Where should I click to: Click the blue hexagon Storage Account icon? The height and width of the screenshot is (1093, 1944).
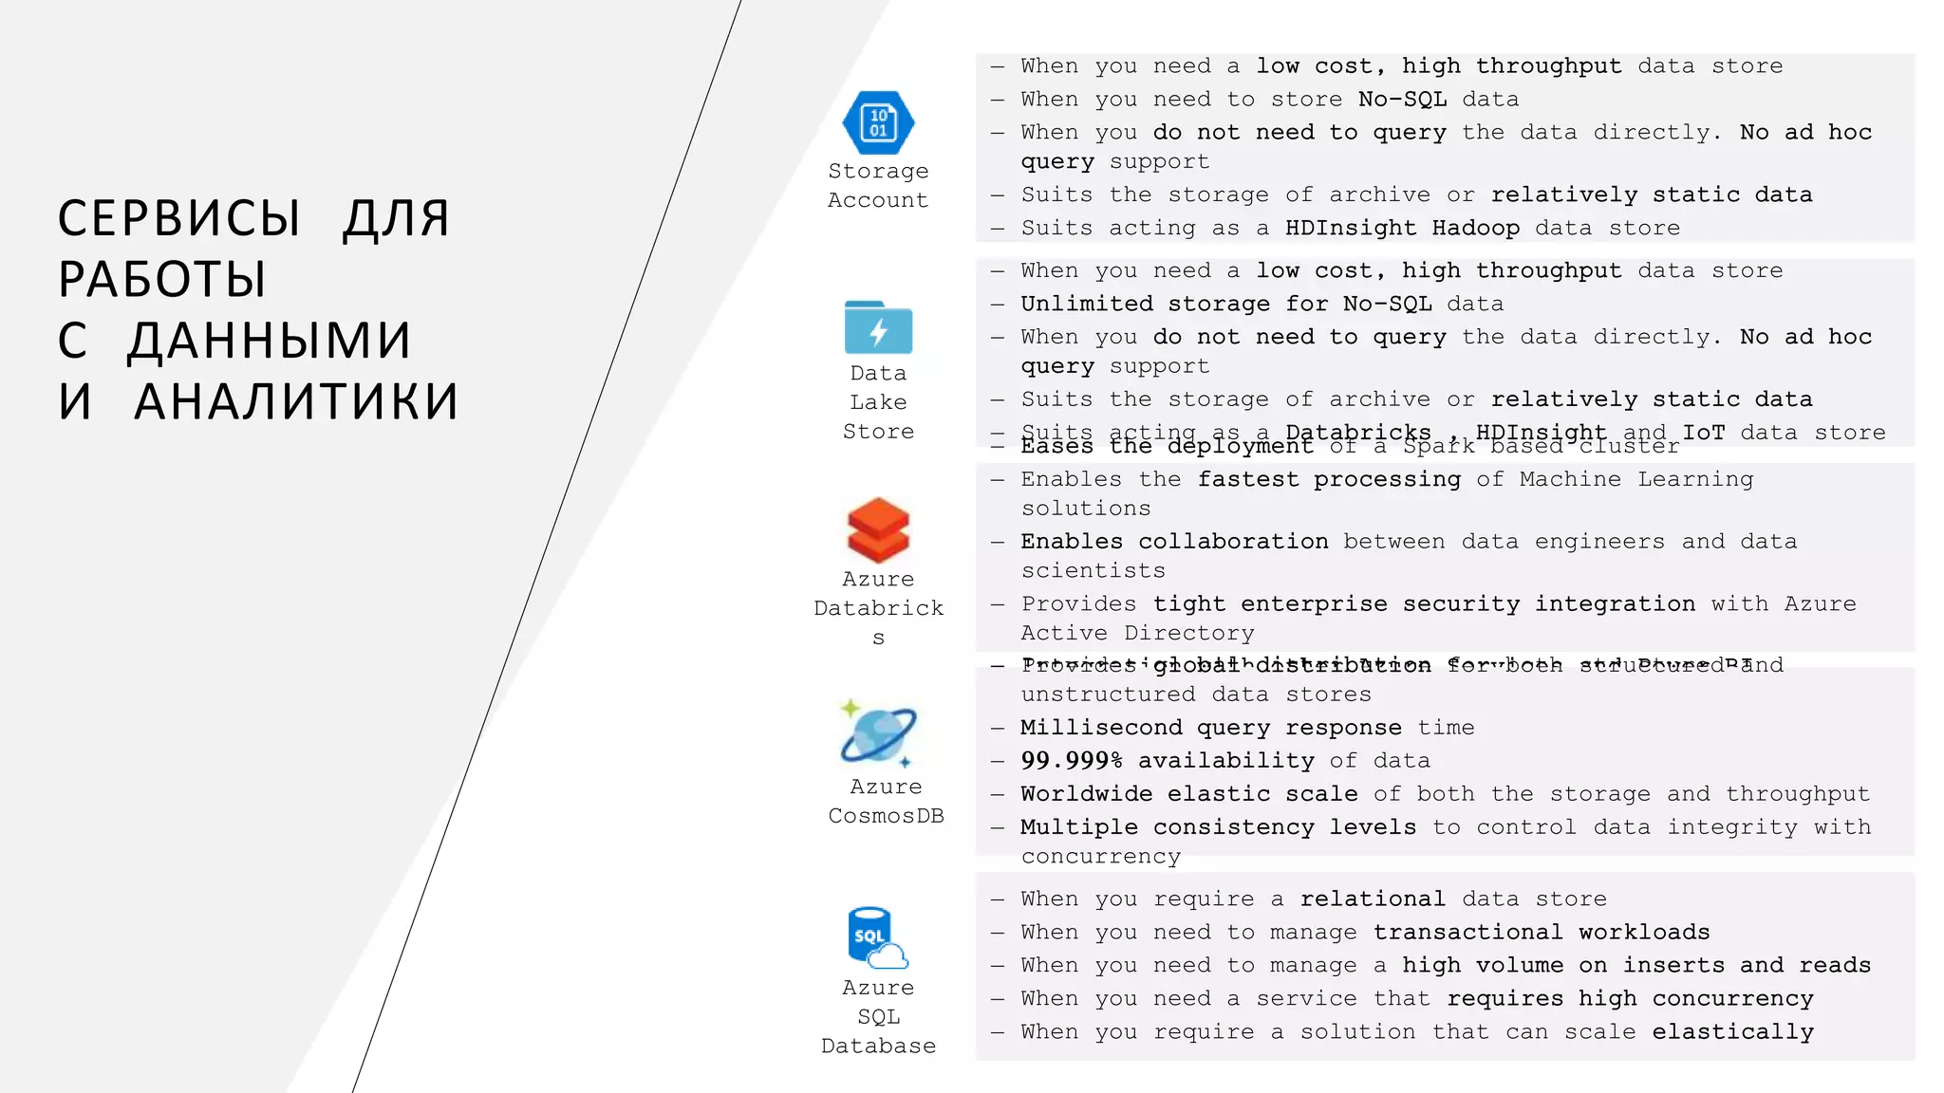878,122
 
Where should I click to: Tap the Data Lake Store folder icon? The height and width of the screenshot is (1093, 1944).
878,328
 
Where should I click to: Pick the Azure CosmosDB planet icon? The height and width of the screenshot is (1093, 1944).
879,733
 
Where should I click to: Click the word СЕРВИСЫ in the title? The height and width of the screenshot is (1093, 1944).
179,219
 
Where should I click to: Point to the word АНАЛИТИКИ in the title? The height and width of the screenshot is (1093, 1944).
296,401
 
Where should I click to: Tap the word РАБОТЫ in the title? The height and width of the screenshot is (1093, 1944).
162,280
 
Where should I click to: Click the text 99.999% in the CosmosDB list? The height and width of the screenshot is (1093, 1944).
1071,761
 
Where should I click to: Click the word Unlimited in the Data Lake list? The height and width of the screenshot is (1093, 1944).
1086,304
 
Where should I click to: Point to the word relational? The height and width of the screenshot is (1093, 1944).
1373,898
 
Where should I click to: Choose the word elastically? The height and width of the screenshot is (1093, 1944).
1732,1031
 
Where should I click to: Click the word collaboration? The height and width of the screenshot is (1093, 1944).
1233,541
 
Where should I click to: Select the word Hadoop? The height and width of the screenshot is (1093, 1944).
1475,228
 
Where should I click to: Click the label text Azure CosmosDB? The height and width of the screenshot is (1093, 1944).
886,801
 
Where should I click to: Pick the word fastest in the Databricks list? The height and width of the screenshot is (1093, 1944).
1247,479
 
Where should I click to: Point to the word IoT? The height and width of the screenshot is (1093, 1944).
1703,433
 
